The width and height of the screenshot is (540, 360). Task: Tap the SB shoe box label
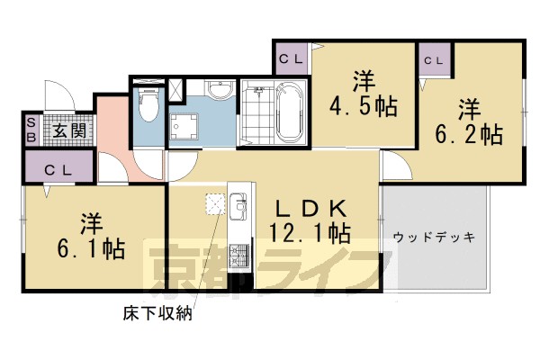[x=31, y=131]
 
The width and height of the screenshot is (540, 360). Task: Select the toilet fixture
[x=148, y=109]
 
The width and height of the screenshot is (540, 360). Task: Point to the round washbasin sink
[x=219, y=91]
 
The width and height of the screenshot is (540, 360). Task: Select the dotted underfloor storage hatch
[x=215, y=205]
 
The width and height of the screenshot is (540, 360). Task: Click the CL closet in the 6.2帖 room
[x=433, y=60]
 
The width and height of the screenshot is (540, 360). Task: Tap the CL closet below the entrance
[x=58, y=168]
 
